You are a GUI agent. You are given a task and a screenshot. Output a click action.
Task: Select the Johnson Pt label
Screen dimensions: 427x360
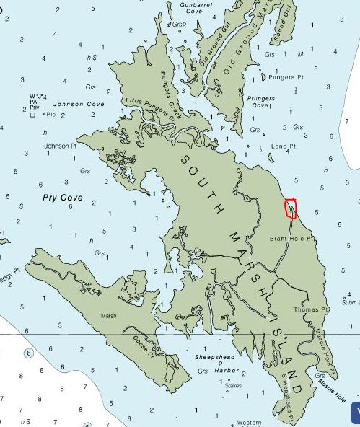pos(61,146)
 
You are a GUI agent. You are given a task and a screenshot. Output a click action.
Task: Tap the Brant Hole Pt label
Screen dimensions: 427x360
pos(292,238)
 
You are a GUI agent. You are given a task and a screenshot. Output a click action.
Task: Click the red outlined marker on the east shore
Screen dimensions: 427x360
pos(290,208)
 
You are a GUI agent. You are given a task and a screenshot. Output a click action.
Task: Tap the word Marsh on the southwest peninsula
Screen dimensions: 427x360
pos(109,316)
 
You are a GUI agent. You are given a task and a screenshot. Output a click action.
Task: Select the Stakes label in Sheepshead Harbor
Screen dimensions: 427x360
pos(233,385)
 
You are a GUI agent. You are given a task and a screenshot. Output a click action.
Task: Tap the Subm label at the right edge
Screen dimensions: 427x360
pos(351,303)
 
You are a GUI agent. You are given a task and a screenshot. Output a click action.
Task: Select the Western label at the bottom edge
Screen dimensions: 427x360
pos(250,422)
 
